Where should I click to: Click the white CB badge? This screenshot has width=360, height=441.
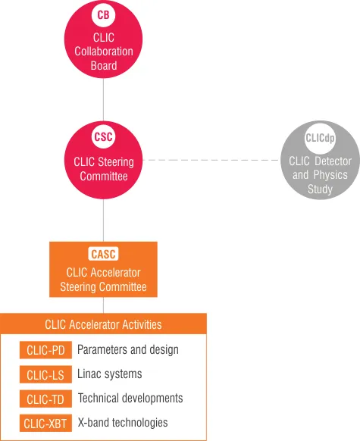pos(103,14)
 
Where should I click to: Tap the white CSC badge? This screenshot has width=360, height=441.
pos(103,136)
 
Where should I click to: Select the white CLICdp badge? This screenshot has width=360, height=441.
pos(320,138)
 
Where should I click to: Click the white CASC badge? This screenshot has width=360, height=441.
pos(103,254)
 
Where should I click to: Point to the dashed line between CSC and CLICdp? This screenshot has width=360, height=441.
pos(211,160)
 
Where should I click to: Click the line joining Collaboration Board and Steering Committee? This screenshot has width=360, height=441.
pos(103,99)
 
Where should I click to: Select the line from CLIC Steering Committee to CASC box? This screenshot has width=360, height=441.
pos(103,220)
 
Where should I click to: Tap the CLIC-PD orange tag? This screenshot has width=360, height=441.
pos(45,350)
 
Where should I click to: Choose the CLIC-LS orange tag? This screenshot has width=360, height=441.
pos(45,374)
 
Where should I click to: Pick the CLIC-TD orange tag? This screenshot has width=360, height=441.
pos(45,399)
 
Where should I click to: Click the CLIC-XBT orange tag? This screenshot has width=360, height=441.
pos(45,423)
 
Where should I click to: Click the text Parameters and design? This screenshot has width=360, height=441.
pos(128,349)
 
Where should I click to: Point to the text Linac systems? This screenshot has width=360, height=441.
pos(110,374)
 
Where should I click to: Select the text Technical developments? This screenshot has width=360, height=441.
pos(130,399)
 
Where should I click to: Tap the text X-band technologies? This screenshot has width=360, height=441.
pos(123,423)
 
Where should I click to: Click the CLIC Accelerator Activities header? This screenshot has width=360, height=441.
pos(103,324)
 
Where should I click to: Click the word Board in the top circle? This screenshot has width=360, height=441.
pos(104,65)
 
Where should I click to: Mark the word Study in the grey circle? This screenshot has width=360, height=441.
pos(320,189)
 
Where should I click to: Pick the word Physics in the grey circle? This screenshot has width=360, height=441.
pos(330,175)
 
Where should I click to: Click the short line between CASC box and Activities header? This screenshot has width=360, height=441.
pos(103,305)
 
